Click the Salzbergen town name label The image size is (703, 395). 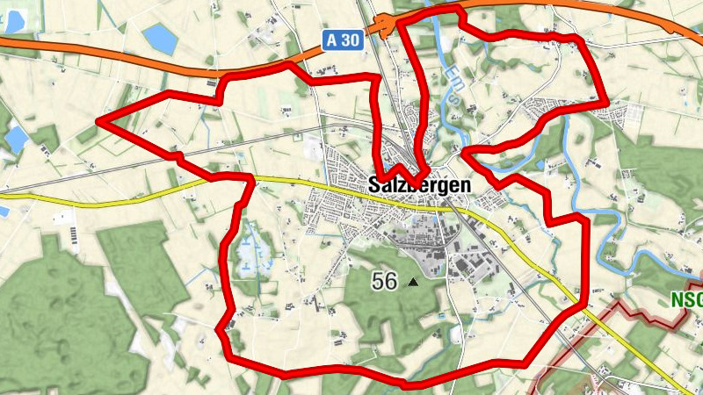(419, 186)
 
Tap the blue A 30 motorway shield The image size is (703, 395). (342, 39)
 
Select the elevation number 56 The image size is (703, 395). (384, 282)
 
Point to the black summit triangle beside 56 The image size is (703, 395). (413, 283)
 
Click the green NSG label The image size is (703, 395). (686, 300)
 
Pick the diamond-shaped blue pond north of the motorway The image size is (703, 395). (160, 38)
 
